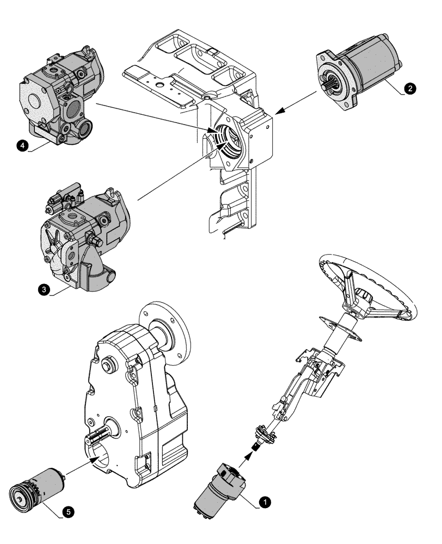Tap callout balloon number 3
(43, 290)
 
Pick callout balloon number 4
(21, 146)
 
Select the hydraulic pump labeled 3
(82, 239)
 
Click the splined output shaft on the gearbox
(99, 439)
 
